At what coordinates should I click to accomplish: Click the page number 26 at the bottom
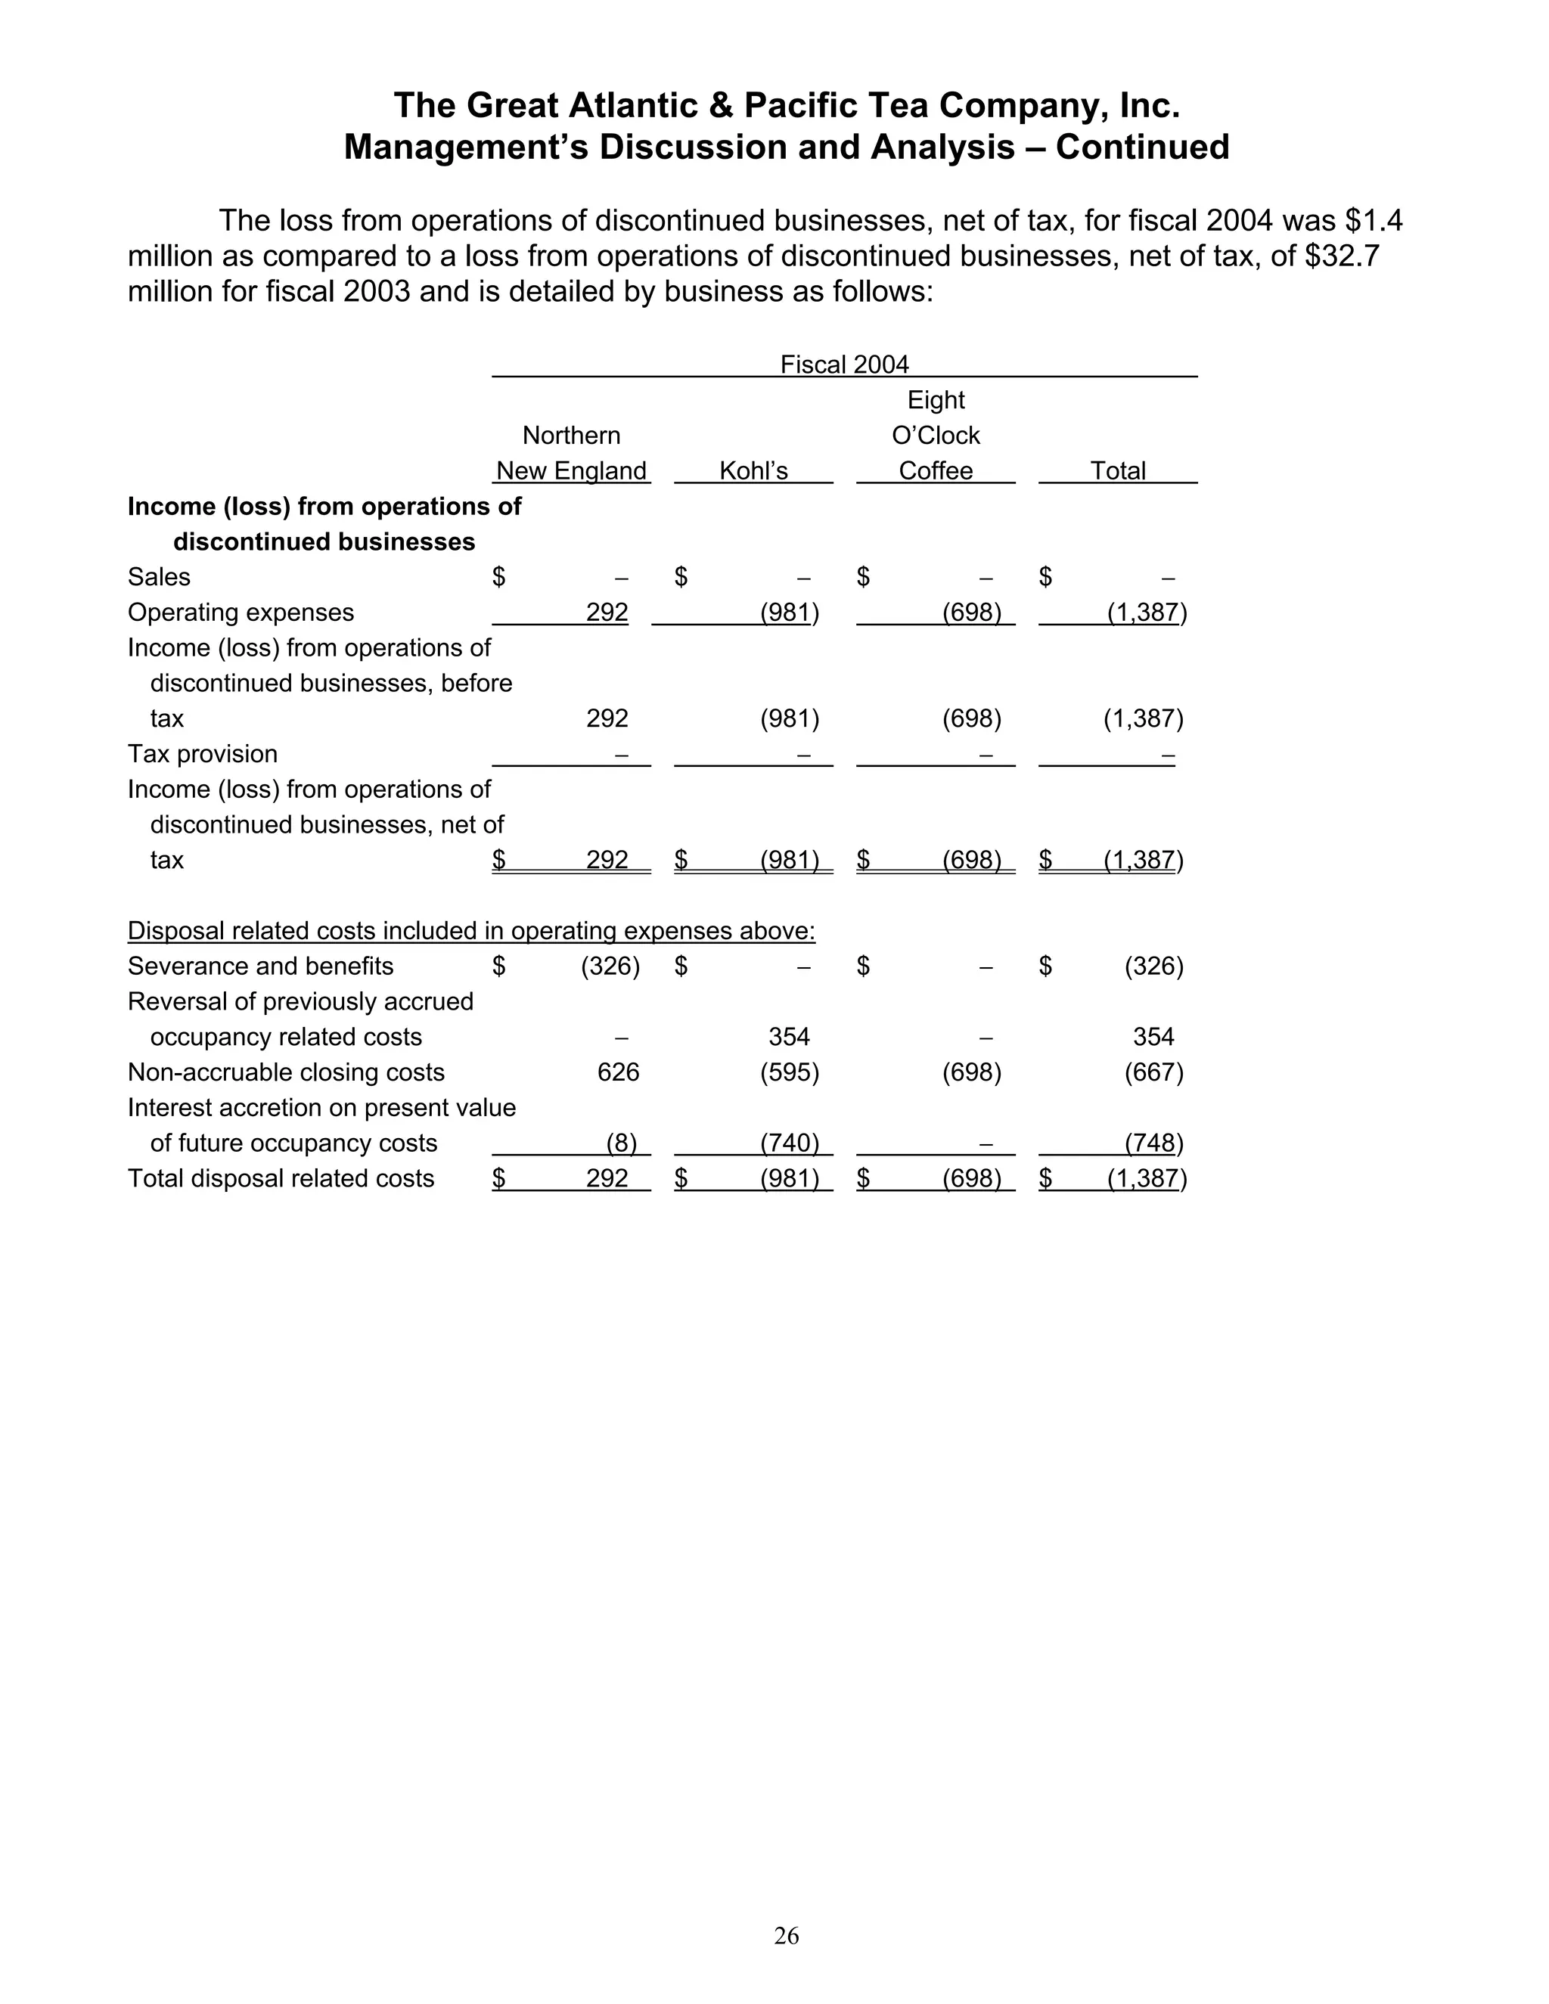[787, 1935]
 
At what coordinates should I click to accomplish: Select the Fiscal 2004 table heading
[844, 365]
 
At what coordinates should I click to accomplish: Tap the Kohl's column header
[753, 470]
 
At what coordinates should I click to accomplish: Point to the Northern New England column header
[571, 453]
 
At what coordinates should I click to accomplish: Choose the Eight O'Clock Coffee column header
[936, 435]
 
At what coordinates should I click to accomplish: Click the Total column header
[1118, 470]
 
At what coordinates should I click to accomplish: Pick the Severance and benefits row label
[261, 966]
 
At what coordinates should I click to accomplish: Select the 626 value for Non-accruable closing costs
[618, 1072]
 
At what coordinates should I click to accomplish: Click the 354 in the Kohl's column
[789, 1037]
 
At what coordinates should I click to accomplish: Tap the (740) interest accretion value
[789, 1143]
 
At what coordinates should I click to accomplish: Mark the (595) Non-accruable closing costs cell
[789, 1072]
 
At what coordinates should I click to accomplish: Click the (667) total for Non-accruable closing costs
[1153, 1072]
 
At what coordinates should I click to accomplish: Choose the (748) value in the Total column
[1153, 1143]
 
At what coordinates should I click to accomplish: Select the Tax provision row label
[203, 754]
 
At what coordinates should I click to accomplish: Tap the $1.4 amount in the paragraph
[1373, 221]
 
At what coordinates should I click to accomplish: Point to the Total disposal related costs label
[281, 1178]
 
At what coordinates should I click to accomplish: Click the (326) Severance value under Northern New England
[610, 966]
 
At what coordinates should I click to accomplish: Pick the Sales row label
[159, 577]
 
